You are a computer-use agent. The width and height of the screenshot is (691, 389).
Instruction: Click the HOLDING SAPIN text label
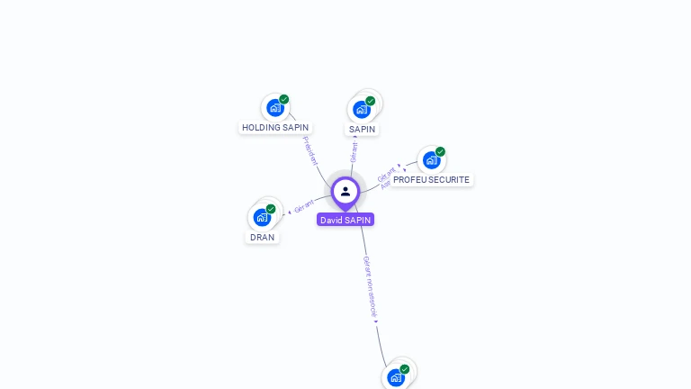(275, 128)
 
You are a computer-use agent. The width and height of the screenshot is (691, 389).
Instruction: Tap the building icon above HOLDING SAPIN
(274, 108)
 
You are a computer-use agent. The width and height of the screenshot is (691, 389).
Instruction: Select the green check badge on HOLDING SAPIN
(284, 100)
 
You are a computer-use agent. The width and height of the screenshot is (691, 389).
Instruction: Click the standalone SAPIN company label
(362, 130)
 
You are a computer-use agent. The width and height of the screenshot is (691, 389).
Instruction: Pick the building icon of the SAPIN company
(362, 110)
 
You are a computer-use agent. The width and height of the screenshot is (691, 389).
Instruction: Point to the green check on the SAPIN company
(371, 101)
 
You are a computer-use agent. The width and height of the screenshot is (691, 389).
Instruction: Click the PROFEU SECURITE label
(431, 180)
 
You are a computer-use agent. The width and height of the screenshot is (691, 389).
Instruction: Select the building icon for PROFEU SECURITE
(431, 160)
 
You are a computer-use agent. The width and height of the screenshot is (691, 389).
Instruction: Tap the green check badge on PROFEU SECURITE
(441, 151)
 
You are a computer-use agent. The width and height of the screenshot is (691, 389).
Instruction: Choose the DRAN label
(262, 238)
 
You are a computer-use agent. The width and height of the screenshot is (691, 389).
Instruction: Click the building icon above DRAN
(261, 217)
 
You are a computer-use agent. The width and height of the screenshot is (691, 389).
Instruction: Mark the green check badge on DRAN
(271, 209)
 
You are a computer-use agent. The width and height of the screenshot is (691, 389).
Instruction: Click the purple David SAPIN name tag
(345, 220)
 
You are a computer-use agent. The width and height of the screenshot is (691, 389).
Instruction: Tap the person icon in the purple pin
(345, 191)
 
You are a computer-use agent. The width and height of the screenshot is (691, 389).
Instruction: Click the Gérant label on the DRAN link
(304, 207)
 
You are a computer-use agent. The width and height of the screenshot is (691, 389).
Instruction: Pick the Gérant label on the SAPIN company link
(354, 152)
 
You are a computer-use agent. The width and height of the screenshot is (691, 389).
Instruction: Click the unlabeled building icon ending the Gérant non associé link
(395, 377)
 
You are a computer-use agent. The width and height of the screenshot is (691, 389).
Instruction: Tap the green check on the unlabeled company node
(405, 369)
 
